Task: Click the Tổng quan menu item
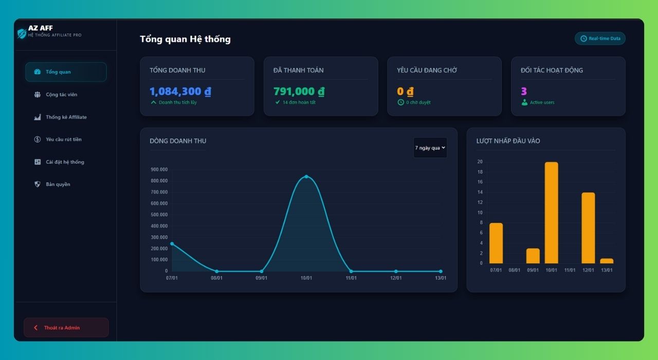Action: click(x=65, y=72)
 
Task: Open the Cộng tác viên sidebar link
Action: click(x=61, y=95)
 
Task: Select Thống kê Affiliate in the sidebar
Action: click(x=66, y=117)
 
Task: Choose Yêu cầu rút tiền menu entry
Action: click(x=63, y=139)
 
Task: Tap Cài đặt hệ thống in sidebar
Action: click(x=65, y=162)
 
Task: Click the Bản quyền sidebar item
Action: click(x=58, y=184)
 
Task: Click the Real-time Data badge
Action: click(x=600, y=39)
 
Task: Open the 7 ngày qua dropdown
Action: click(x=430, y=148)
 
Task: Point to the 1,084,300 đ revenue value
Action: click(x=180, y=92)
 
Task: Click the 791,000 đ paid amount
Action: click(x=299, y=92)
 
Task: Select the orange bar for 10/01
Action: click(x=551, y=213)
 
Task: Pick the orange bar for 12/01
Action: click(x=588, y=228)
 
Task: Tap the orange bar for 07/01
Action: click(x=496, y=243)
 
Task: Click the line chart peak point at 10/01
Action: click(x=306, y=176)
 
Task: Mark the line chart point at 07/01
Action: click(x=172, y=244)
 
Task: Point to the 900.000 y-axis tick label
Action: click(x=159, y=169)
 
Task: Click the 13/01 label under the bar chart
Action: click(x=607, y=270)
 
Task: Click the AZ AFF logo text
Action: click(x=41, y=28)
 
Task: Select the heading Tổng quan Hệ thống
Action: click(x=185, y=39)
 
